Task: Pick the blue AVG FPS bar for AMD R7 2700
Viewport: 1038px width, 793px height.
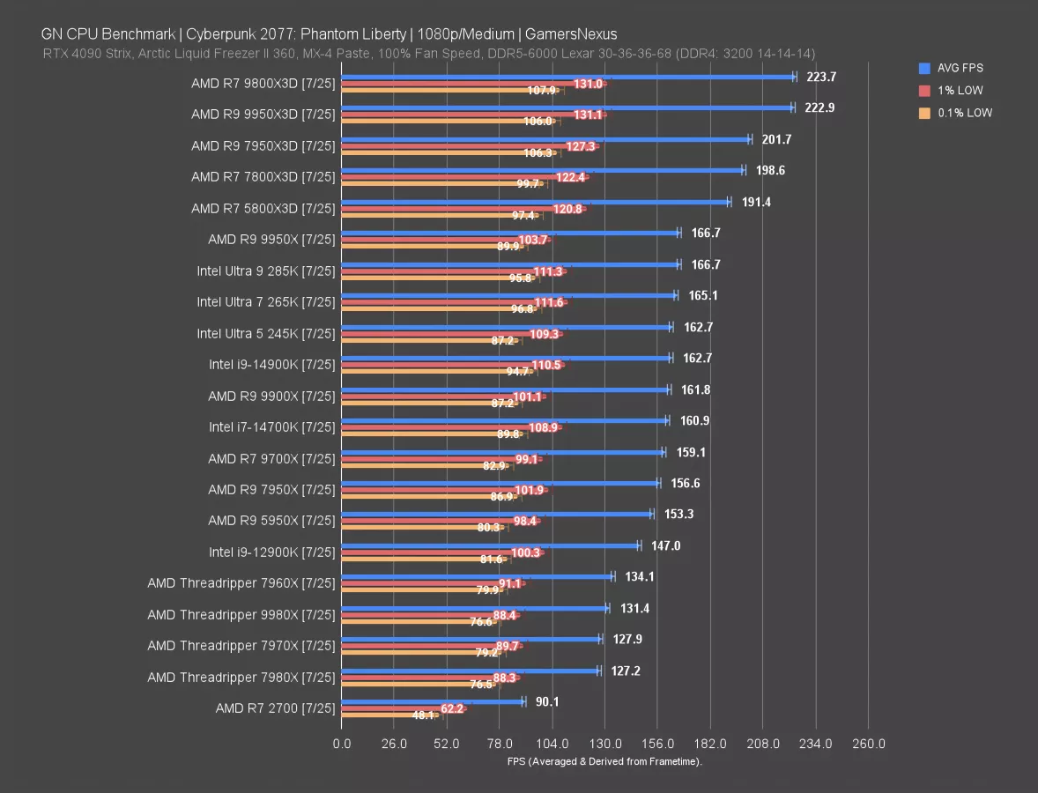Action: click(x=432, y=701)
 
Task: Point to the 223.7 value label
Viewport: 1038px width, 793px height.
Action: click(x=821, y=77)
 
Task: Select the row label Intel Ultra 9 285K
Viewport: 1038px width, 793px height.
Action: click(x=266, y=271)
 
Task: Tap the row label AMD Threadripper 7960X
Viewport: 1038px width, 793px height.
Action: click(x=241, y=583)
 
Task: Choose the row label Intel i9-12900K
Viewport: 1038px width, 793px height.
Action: click(x=272, y=552)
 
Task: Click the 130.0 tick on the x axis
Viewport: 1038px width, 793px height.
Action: click(x=604, y=744)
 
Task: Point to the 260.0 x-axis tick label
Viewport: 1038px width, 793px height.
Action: click(x=868, y=744)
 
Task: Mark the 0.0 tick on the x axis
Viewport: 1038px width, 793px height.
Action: click(x=341, y=744)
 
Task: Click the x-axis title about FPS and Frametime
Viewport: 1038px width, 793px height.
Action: click(x=604, y=761)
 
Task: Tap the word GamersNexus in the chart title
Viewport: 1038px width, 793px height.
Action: click(x=570, y=34)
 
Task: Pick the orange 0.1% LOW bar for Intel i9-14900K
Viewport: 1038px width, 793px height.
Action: click(x=423, y=371)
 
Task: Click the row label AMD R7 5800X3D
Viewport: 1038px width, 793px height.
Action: click(x=263, y=208)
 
